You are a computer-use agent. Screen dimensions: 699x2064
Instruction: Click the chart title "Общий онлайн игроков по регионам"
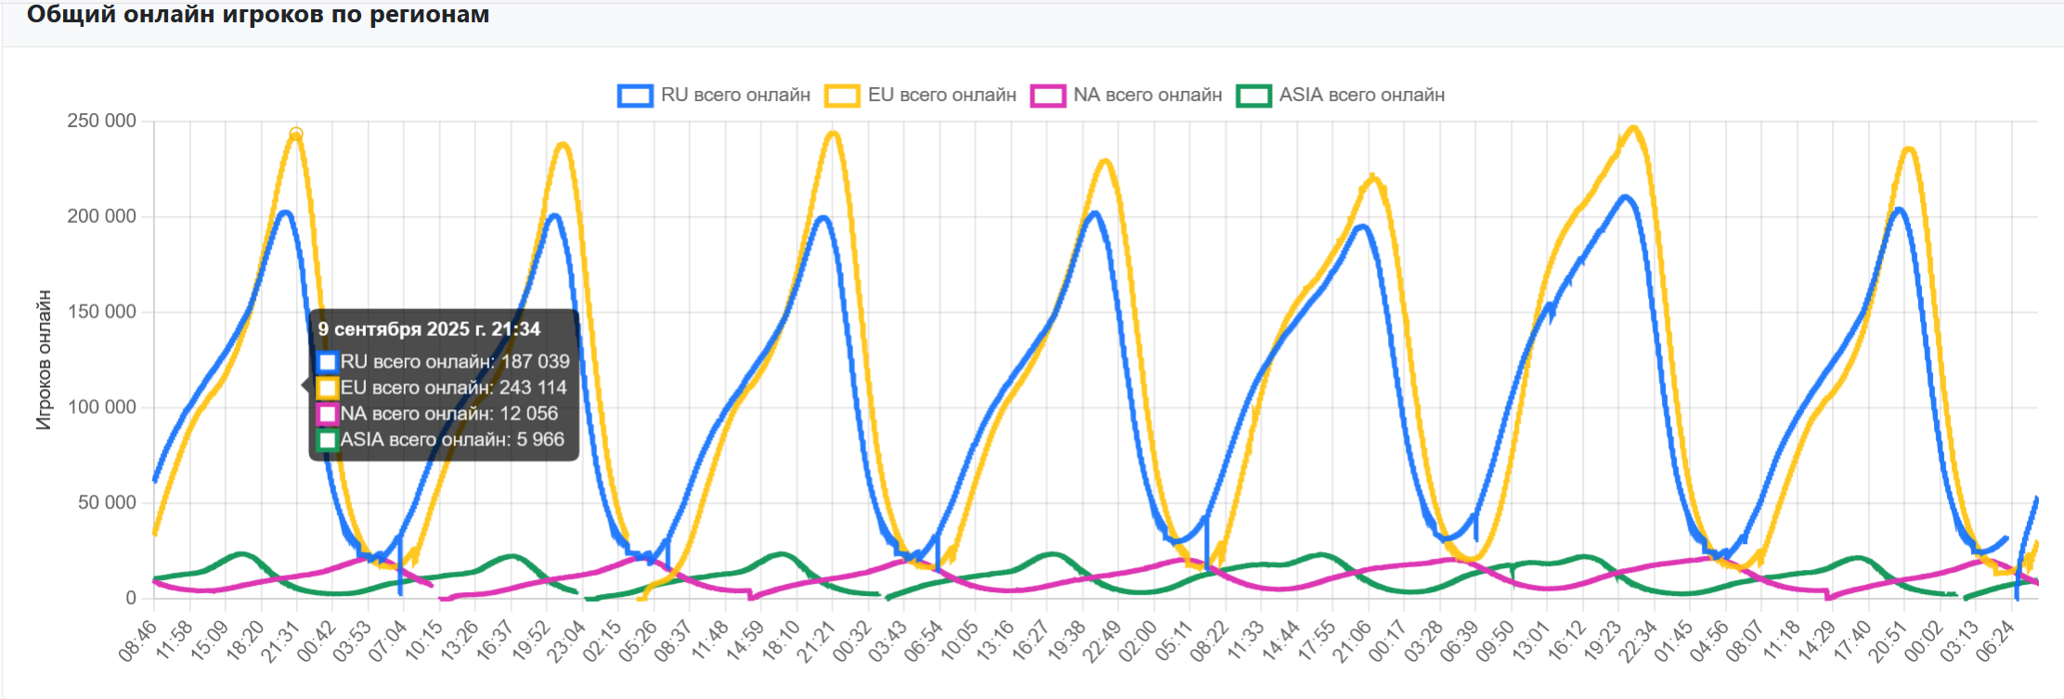258,15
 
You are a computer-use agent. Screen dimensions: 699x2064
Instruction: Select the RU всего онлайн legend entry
714,95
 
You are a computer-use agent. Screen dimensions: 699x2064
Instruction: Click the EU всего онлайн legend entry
921,95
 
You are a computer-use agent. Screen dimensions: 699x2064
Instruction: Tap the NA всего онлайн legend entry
1127,95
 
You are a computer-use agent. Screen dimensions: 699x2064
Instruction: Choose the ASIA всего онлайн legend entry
1341,95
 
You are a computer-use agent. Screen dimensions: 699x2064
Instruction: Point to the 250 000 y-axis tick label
101,121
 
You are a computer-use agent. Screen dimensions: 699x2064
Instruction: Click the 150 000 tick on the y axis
101,312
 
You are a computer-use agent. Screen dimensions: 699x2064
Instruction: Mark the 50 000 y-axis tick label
107,503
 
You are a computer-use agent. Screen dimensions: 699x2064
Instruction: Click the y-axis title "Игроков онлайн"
44,360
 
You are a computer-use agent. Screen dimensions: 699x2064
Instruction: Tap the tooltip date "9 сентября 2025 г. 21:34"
429,330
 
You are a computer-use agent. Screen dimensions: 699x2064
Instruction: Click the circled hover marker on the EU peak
296,134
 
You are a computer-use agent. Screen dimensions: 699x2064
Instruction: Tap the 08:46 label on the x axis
137,641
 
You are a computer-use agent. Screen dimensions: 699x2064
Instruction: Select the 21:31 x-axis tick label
280,641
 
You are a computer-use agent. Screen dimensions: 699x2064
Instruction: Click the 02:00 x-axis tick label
1137,641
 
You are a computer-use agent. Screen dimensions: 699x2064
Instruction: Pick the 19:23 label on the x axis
1603,641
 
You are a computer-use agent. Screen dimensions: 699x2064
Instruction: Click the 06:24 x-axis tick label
1995,641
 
